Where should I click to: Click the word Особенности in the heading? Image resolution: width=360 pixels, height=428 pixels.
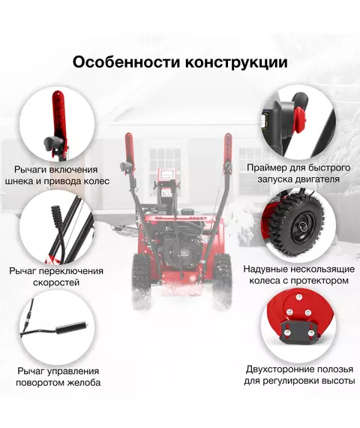point(126,62)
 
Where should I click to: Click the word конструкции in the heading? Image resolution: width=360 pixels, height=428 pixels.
point(236,63)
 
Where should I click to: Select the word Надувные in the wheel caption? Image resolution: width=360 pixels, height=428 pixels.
point(265,270)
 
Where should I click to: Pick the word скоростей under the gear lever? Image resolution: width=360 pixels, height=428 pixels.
point(56,282)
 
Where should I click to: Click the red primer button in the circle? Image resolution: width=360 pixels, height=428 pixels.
point(300,119)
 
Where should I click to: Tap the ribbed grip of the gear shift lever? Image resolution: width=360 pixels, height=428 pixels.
point(58,216)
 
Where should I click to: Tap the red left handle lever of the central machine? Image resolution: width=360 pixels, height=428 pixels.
point(129,151)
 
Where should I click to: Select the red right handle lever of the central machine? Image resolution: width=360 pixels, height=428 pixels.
point(228,151)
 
